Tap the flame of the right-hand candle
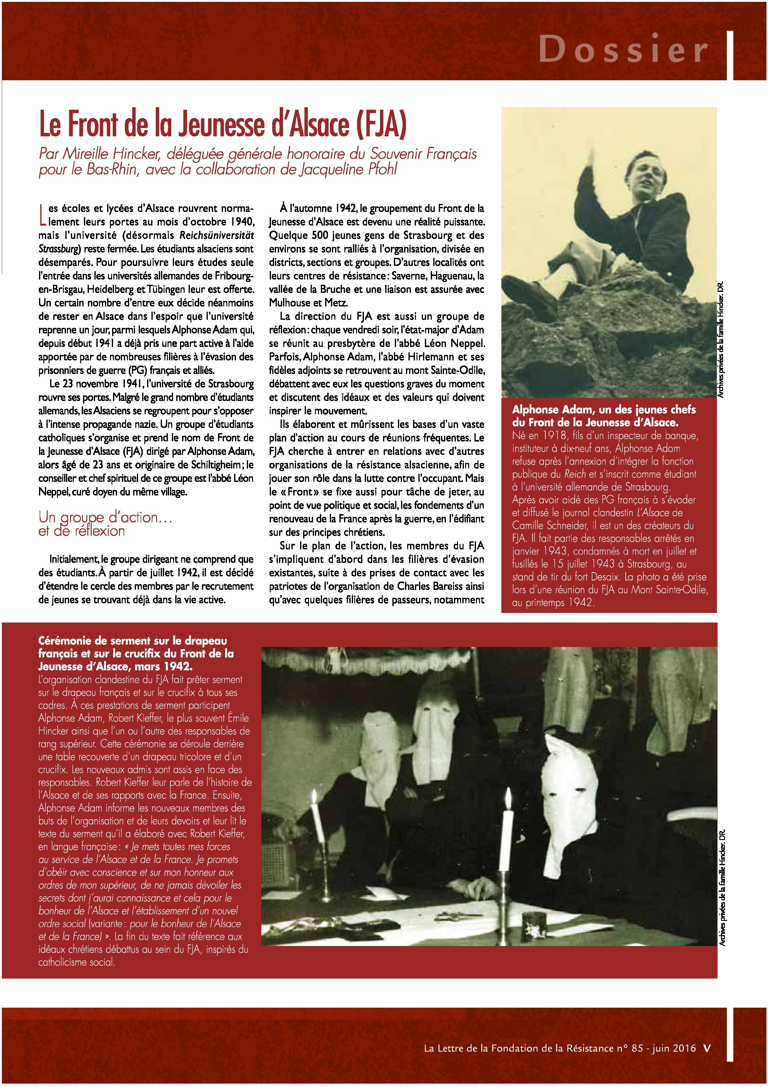pos(508,797)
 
